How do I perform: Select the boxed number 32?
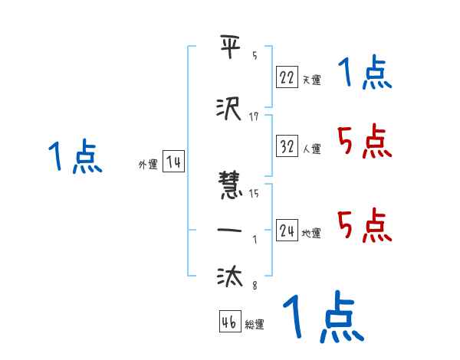(287, 146)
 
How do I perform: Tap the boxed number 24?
(287, 230)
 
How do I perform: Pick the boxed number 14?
(174, 162)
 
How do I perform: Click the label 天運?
(311, 79)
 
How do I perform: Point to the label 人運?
(311, 149)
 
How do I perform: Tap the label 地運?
(311, 233)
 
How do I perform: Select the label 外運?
(148, 165)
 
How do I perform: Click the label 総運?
(255, 325)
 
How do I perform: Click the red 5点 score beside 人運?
(364, 142)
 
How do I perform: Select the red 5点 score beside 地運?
(364, 225)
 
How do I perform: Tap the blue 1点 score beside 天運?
(364, 74)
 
